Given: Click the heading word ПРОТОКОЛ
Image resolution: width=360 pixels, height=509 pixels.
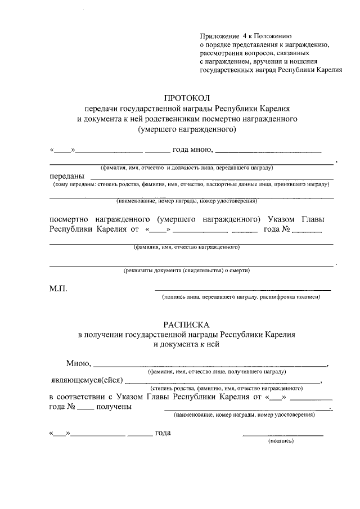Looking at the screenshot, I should click(x=186, y=98).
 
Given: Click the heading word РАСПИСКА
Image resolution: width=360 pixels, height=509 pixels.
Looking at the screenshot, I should click(x=186, y=325).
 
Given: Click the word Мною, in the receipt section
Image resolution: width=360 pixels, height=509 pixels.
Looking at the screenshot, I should click(x=79, y=363).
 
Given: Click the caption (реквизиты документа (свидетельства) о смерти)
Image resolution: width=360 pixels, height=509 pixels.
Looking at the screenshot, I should click(x=187, y=271).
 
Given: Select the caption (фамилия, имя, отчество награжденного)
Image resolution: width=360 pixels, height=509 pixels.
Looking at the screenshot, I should click(x=187, y=247).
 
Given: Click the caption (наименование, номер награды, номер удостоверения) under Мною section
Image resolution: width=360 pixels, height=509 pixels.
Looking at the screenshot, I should click(x=244, y=415).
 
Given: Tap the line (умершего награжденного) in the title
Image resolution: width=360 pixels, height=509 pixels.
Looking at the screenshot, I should click(x=186, y=129).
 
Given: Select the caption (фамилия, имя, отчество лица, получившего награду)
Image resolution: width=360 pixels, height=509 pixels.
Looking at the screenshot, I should click(x=217, y=372).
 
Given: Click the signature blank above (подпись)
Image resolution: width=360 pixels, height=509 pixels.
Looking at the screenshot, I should click(x=283, y=435).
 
